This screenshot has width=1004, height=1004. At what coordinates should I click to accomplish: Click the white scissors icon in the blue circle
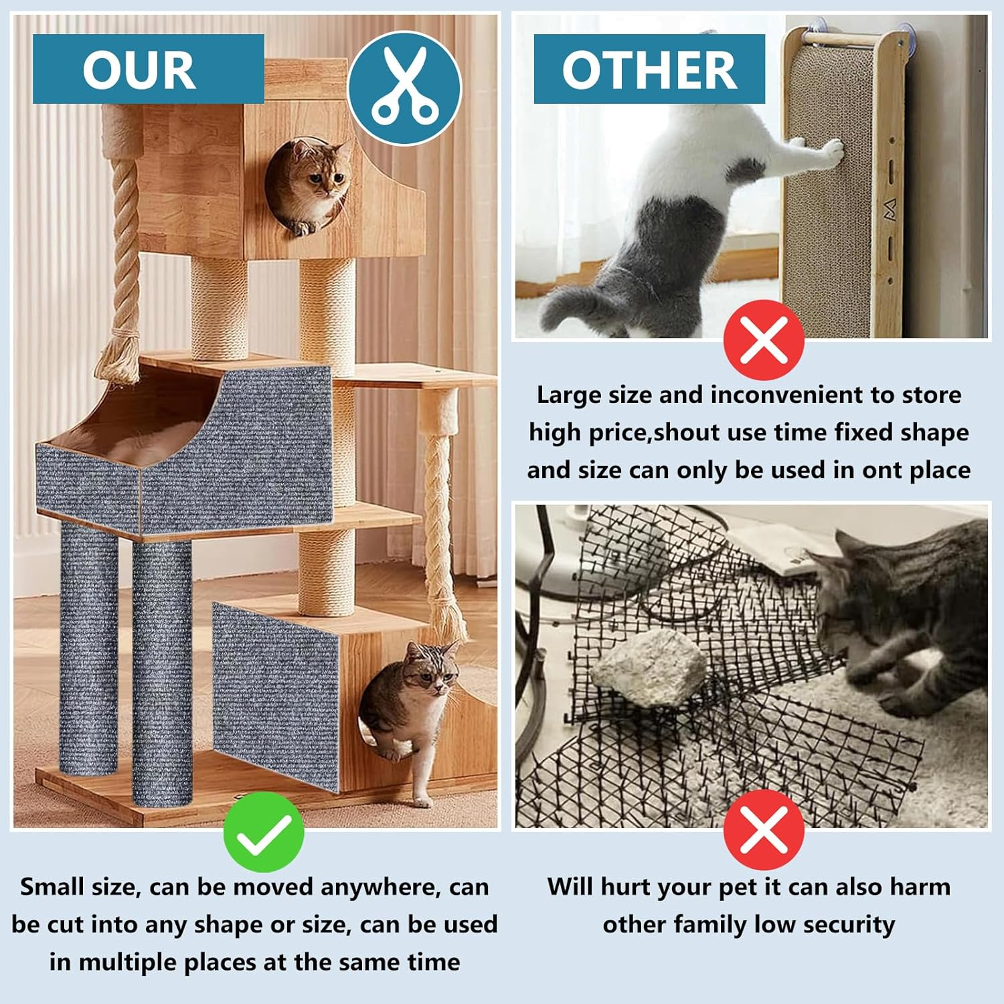404,88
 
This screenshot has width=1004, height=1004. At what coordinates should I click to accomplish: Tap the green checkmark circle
263,831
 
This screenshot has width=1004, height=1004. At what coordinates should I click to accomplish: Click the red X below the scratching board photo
764,340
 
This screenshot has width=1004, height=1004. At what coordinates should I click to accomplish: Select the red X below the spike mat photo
764,829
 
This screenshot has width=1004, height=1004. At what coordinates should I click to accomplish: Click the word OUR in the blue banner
139,70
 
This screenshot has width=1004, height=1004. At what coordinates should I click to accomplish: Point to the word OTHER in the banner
649,70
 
